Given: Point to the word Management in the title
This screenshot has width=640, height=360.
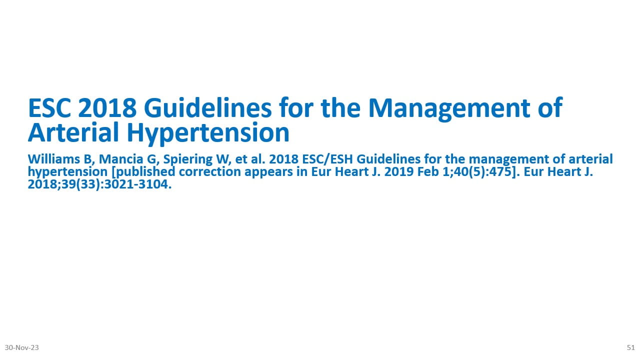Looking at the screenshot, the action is click(x=449, y=109).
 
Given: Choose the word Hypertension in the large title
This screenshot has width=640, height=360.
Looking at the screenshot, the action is click(x=208, y=133).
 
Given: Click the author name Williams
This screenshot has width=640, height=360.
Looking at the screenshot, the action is click(x=54, y=159).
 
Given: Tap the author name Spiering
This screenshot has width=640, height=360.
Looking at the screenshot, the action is click(x=188, y=159).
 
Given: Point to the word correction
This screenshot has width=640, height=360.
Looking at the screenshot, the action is click(x=209, y=172).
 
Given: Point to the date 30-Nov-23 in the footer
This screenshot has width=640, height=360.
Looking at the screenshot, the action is click(x=21, y=347).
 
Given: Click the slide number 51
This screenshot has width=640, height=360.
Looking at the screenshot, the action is click(x=631, y=347).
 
